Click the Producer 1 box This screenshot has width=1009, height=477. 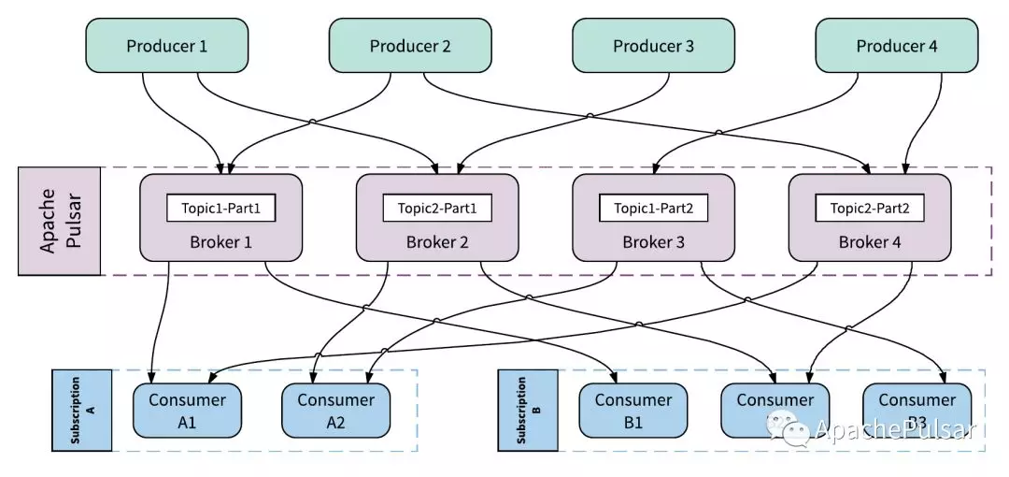click(x=166, y=45)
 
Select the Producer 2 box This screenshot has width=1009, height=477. click(x=410, y=45)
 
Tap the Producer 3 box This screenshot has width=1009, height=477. click(x=653, y=45)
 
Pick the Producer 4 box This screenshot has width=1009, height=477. click(x=897, y=45)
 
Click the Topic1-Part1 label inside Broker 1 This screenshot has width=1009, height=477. click(x=220, y=208)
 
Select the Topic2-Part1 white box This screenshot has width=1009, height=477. click(x=437, y=208)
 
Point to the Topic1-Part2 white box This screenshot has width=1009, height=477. click(x=653, y=208)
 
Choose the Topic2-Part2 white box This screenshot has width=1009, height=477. click(x=870, y=208)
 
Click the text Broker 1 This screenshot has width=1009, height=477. click(x=220, y=242)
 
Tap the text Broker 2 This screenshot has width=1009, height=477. click(x=437, y=242)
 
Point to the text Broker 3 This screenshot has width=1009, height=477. click(x=653, y=242)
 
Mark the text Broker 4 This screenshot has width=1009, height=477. click(x=870, y=242)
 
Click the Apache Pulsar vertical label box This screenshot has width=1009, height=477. click(x=60, y=222)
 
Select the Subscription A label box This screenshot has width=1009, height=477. click(x=81, y=409)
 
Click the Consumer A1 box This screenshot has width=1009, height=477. click(x=187, y=411)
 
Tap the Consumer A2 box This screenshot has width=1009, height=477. click(x=335, y=411)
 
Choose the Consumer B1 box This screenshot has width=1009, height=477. click(x=632, y=411)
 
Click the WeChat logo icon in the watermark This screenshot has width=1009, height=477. click(x=787, y=428)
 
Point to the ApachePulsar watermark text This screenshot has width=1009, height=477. click(x=894, y=430)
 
